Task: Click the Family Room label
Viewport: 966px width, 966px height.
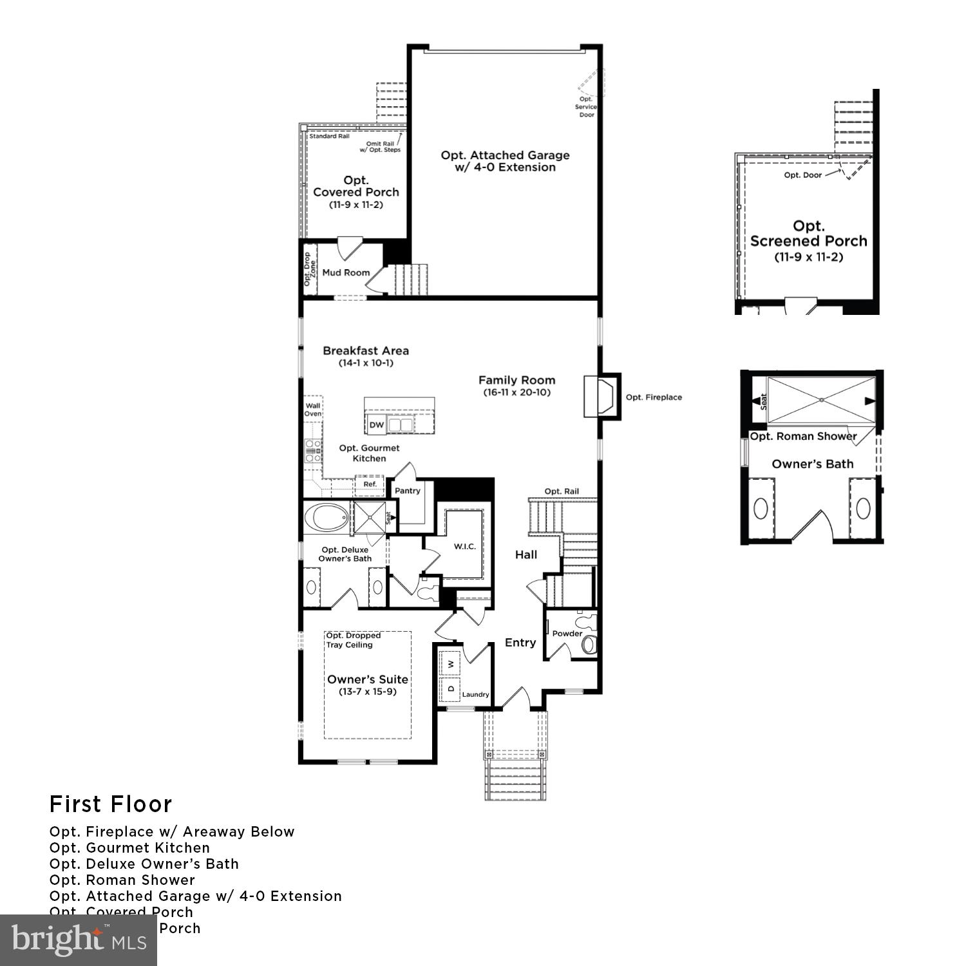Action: [516, 380]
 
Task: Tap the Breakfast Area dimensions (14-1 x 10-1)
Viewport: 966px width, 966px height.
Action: [366, 363]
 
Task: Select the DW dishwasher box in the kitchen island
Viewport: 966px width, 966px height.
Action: [377, 425]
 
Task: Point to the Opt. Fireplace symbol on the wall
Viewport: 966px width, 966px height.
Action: [599, 397]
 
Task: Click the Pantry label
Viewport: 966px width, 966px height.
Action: [408, 491]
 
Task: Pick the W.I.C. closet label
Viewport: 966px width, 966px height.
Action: [464, 546]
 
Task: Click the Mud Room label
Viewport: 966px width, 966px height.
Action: [346, 272]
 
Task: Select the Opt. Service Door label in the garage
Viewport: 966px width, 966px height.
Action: [586, 107]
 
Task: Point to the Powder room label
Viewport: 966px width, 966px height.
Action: [567, 633]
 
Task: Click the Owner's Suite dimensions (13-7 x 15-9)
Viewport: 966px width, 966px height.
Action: [368, 692]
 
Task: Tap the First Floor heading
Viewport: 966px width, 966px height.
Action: [111, 804]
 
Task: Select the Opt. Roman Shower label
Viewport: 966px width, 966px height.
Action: [803, 436]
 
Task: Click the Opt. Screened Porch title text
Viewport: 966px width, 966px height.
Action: [808, 234]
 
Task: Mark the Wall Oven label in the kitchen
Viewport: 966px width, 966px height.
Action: [313, 410]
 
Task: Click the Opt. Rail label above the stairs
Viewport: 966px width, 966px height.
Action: [562, 491]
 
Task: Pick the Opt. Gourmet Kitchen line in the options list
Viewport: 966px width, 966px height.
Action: [129, 848]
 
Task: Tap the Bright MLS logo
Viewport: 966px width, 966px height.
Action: [78, 940]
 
